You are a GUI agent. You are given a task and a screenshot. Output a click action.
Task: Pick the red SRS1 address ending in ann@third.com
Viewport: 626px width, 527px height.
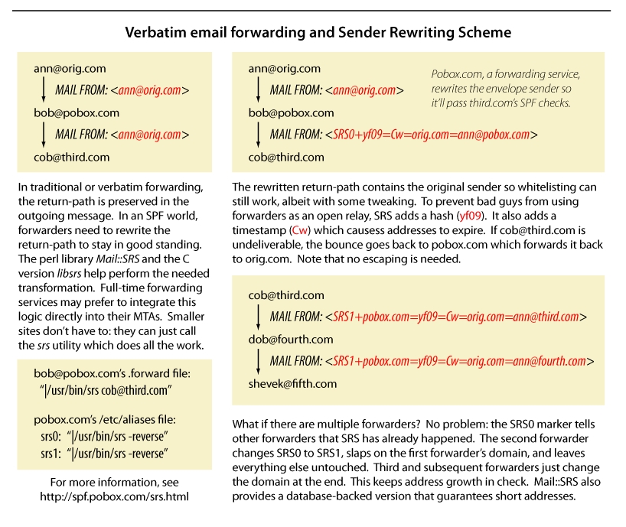(x=456, y=317)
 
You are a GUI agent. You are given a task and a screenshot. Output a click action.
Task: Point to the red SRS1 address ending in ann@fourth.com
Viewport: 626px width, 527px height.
(x=460, y=361)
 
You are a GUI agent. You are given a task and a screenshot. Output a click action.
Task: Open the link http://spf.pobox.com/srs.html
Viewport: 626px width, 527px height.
(x=115, y=496)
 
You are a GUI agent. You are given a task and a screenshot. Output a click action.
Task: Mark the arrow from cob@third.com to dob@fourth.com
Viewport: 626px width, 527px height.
(x=259, y=315)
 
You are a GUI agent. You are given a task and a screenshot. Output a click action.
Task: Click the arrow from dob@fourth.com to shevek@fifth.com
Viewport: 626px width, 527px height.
(x=259, y=360)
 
